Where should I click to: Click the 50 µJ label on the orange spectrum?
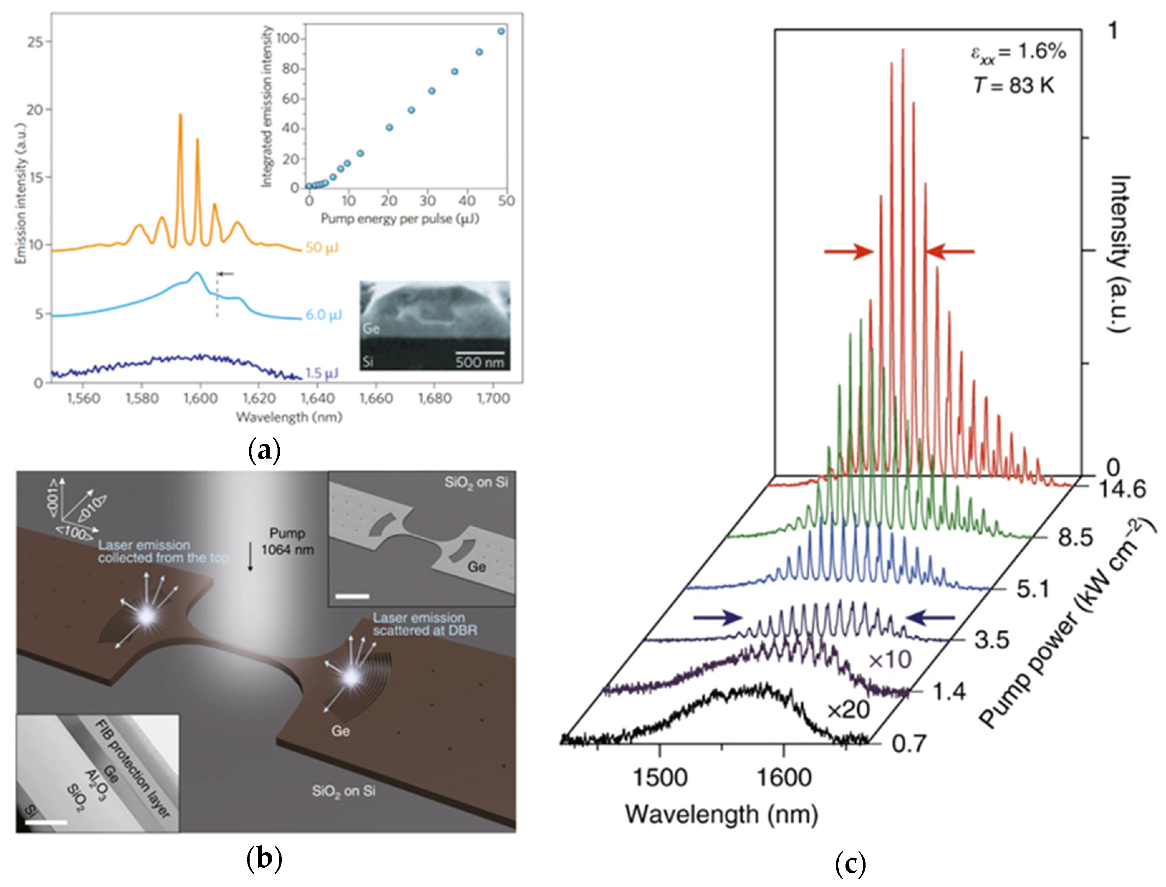pos(322,248)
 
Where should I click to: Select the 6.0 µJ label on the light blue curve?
pos(324,315)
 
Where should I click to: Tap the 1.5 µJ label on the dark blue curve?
pos(322,373)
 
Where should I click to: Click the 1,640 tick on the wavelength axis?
pos(317,398)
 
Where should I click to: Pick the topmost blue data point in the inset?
pos(501,31)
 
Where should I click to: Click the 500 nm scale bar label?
pos(479,362)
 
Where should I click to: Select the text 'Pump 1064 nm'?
pos(287,541)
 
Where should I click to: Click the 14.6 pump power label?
pos(1122,489)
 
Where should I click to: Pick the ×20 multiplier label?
pos(848,710)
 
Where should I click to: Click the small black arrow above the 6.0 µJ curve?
pos(226,273)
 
